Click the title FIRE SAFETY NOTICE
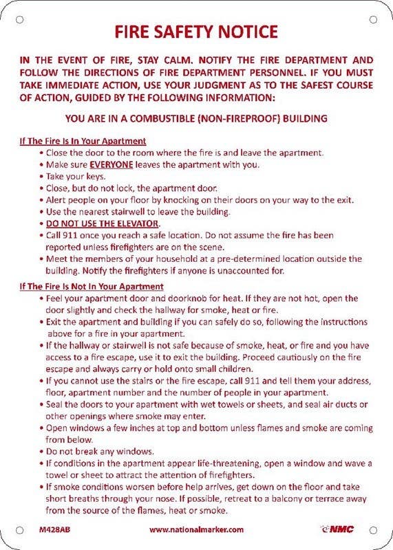pos(196,32)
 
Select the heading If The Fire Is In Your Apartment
pos(83,141)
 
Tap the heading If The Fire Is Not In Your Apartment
pos(91,286)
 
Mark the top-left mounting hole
pos(19,19)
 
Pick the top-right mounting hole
pos(374,19)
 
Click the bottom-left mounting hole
pos(19,530)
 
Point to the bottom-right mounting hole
pos(374,530)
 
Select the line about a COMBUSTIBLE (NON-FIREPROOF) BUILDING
pos(196,118)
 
